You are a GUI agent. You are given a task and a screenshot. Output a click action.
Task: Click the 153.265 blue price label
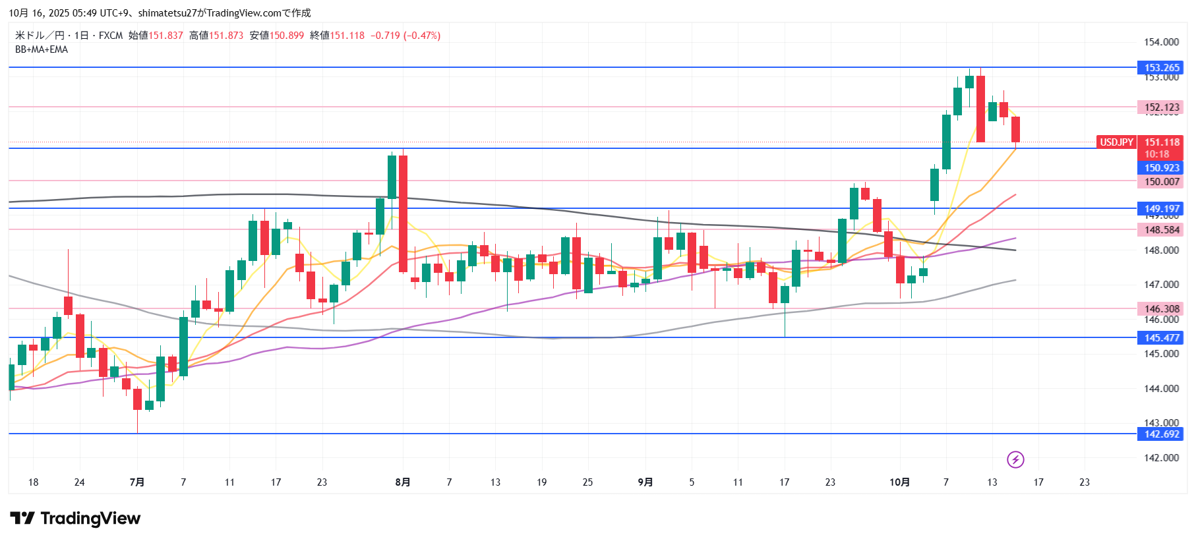[1161, 68]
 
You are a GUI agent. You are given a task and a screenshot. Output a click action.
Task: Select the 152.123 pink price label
[1161, 107]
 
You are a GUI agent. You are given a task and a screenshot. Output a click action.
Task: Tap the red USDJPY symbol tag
[1116, 142]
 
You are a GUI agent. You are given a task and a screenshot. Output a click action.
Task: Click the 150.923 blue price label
[1161, 168]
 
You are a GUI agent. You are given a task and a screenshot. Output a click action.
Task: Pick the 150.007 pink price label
[1161, 182]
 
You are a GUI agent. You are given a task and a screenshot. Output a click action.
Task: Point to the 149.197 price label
[1161, 209]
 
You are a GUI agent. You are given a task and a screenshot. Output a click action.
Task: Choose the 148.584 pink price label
[1161, 230]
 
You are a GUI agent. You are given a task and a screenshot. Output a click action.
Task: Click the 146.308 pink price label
[1161, 309]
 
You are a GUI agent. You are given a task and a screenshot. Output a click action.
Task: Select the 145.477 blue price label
[1161, 338]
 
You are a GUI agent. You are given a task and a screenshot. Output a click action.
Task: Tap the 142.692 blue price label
[1161, 434]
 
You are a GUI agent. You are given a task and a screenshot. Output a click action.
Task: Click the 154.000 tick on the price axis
[1161, 42]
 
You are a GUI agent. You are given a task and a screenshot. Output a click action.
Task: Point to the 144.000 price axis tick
[1161, 389]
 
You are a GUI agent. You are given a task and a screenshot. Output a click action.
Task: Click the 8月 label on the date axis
[402, 482]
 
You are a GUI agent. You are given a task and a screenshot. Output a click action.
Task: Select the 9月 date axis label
[645, 482]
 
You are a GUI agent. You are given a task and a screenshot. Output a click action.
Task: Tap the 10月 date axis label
[899, 482]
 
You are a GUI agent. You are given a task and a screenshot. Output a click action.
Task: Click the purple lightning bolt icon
[1015, 459]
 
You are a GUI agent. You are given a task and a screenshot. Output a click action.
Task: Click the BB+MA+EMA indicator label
[42, 49]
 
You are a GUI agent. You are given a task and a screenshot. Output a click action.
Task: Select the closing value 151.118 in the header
[347, 36]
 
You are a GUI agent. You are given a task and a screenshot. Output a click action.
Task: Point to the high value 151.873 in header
[226, 36]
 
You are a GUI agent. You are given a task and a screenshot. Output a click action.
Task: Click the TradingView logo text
[90, 519]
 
